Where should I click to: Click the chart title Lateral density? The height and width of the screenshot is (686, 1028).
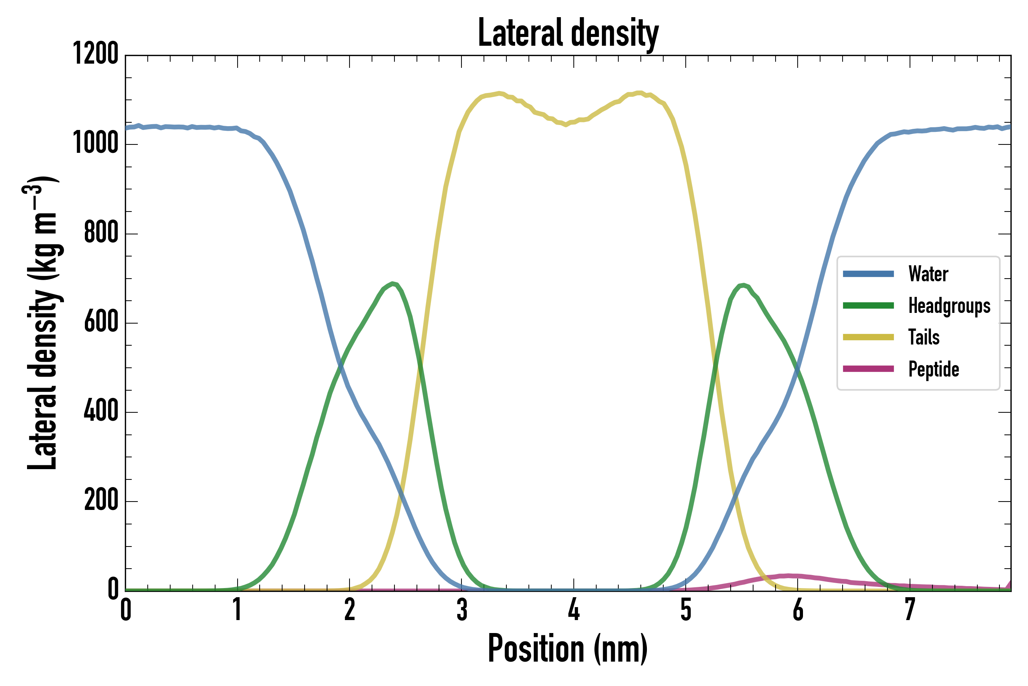click(x=568, y=33)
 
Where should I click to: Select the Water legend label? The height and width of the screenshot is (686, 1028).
click(x=928, y=274)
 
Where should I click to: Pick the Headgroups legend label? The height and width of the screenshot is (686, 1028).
click(x=949, y=306)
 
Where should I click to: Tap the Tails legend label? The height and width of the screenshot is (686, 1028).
click(x=924, y=337)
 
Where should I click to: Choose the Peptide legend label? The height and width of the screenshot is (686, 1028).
click(x=934, y=369)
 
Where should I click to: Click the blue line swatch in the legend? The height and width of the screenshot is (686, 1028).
click(x=868, y=274)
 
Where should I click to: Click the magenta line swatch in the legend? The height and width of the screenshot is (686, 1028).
click(x=868, y=369)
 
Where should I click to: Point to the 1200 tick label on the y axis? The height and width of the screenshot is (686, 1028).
click(x=96, y=54)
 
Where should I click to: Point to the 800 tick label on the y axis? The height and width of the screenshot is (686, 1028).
click(x=101, y=233)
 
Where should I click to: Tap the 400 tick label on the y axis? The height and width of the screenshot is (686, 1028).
click(x=101, y=411)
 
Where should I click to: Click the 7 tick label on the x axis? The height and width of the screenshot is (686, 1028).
click(x=910, y=609)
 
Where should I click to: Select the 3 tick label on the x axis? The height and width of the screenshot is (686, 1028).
click(x=461, y=609)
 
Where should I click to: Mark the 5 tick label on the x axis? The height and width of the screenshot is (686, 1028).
click(x=686, y=609)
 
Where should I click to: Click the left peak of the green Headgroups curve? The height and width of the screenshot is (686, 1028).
click(x=393, y=284)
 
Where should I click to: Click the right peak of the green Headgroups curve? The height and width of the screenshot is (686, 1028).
click(x=744, y=285)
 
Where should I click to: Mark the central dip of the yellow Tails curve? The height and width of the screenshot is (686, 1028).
click(x=566, y=125)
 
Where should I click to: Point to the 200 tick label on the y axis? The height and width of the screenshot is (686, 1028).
click(x=101, y=500)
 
